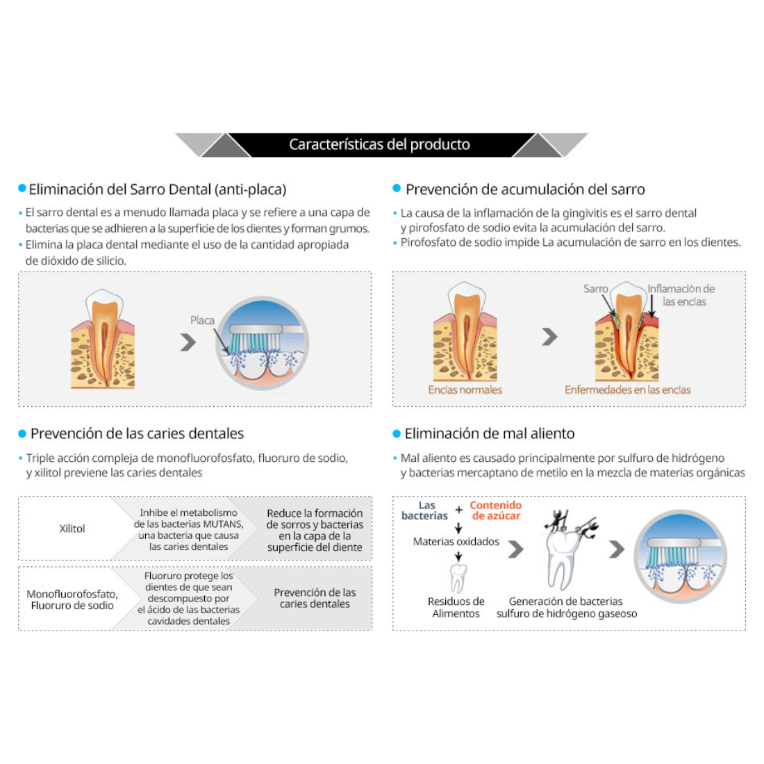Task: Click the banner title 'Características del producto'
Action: (379, 144)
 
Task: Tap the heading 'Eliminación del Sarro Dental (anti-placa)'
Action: (157, 189)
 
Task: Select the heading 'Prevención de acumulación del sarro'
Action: (525, 189)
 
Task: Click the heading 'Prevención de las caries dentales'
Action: (137, 433)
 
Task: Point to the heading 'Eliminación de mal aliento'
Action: (490, 433)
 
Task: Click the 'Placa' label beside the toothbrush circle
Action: (202, 320)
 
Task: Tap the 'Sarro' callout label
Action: (595, 289)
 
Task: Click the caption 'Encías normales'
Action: (465, 390)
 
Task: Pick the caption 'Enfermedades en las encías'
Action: (627, 390)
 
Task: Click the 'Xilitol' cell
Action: (72, 529)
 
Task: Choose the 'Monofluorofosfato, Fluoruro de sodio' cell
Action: (72, 599)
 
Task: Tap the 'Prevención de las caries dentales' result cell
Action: (315, 598)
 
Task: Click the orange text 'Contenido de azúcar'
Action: (496, 510)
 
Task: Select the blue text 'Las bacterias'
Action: (425, 510)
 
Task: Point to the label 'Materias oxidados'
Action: (456, 542)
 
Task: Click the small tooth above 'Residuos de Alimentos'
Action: (457, 577)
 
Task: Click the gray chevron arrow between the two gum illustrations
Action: (549, 337)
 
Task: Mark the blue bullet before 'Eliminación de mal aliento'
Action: (397, 433)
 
